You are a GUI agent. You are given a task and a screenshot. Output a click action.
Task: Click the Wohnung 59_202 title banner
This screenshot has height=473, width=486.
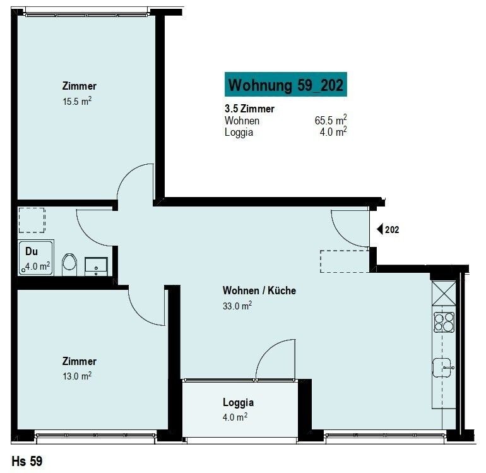click(x=285, y=85)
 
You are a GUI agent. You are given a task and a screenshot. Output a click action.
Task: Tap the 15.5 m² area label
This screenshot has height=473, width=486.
click(x=77, y=101)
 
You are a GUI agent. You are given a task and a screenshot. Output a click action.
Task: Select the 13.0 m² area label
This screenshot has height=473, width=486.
click(x=77, y=376)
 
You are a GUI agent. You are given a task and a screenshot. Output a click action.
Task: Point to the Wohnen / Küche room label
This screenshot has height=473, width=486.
click(x=259, y=290)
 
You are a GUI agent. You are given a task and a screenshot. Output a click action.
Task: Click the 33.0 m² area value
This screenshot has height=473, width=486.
click(x=237, y=306)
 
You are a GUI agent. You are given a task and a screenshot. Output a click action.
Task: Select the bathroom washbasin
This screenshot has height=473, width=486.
click(x=97, y=266)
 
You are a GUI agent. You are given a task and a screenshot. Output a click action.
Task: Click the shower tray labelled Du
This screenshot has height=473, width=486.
click(x=36, y=258)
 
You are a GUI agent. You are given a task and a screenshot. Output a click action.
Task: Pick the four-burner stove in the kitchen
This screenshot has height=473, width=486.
click(x=444, y=322)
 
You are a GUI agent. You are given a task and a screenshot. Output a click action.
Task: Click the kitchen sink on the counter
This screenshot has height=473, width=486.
click(x=442, y=368)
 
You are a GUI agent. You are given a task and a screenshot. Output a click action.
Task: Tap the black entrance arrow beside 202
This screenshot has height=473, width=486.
click(x=380, y=229)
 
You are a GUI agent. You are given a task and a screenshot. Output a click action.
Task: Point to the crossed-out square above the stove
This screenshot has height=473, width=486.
click(x=444, y=293)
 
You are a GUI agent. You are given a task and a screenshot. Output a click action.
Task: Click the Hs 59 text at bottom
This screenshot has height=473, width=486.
click(x=27, y=461)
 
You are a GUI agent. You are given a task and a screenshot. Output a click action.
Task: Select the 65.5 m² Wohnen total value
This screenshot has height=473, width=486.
click(x=331, y=120)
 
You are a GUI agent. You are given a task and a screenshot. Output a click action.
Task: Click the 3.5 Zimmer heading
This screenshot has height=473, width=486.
click(x=249, y=109)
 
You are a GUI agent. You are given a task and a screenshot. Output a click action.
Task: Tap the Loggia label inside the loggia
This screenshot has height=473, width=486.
click(x=238, y=402)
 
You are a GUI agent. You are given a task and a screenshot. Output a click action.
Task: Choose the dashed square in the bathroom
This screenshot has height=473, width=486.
click(x=32, y=220)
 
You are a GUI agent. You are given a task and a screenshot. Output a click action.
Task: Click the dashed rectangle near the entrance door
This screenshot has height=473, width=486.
click(x=345, y=261)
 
